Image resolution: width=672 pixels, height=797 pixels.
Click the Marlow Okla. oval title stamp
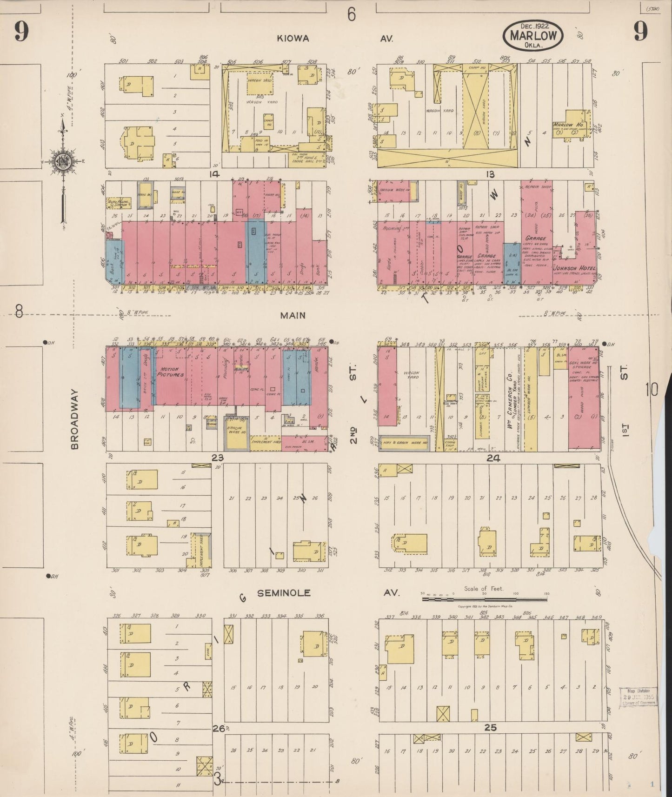click(x=532, y=35)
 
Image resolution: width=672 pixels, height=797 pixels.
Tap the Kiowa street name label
click(x=293, y=39)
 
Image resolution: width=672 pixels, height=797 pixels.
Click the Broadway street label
click(x=75, y=420)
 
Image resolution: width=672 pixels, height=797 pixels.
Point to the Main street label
click(x=293, y=315)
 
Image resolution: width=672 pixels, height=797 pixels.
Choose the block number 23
click(x=217, y=458)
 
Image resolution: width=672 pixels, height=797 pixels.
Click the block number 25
click(x=490, y=728)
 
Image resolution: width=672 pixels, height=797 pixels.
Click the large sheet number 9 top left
click(x=21, y=32)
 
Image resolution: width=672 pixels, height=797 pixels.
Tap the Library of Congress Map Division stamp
click(x=639, y=697)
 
